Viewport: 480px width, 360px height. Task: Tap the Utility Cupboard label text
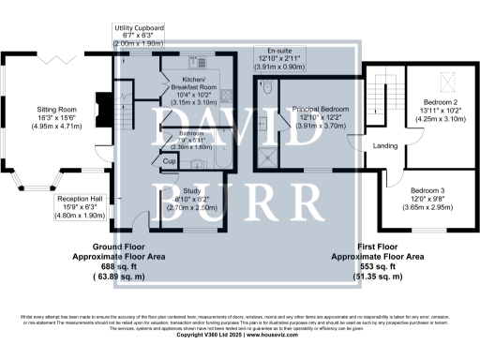(x=138, y=29)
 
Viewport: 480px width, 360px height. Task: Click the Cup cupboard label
(x=169, y=161)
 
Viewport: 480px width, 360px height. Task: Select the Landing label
(x=386, y=146)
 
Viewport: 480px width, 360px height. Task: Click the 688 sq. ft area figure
(x=112, y=265)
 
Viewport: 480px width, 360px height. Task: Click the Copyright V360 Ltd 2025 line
(x=240, y=335)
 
